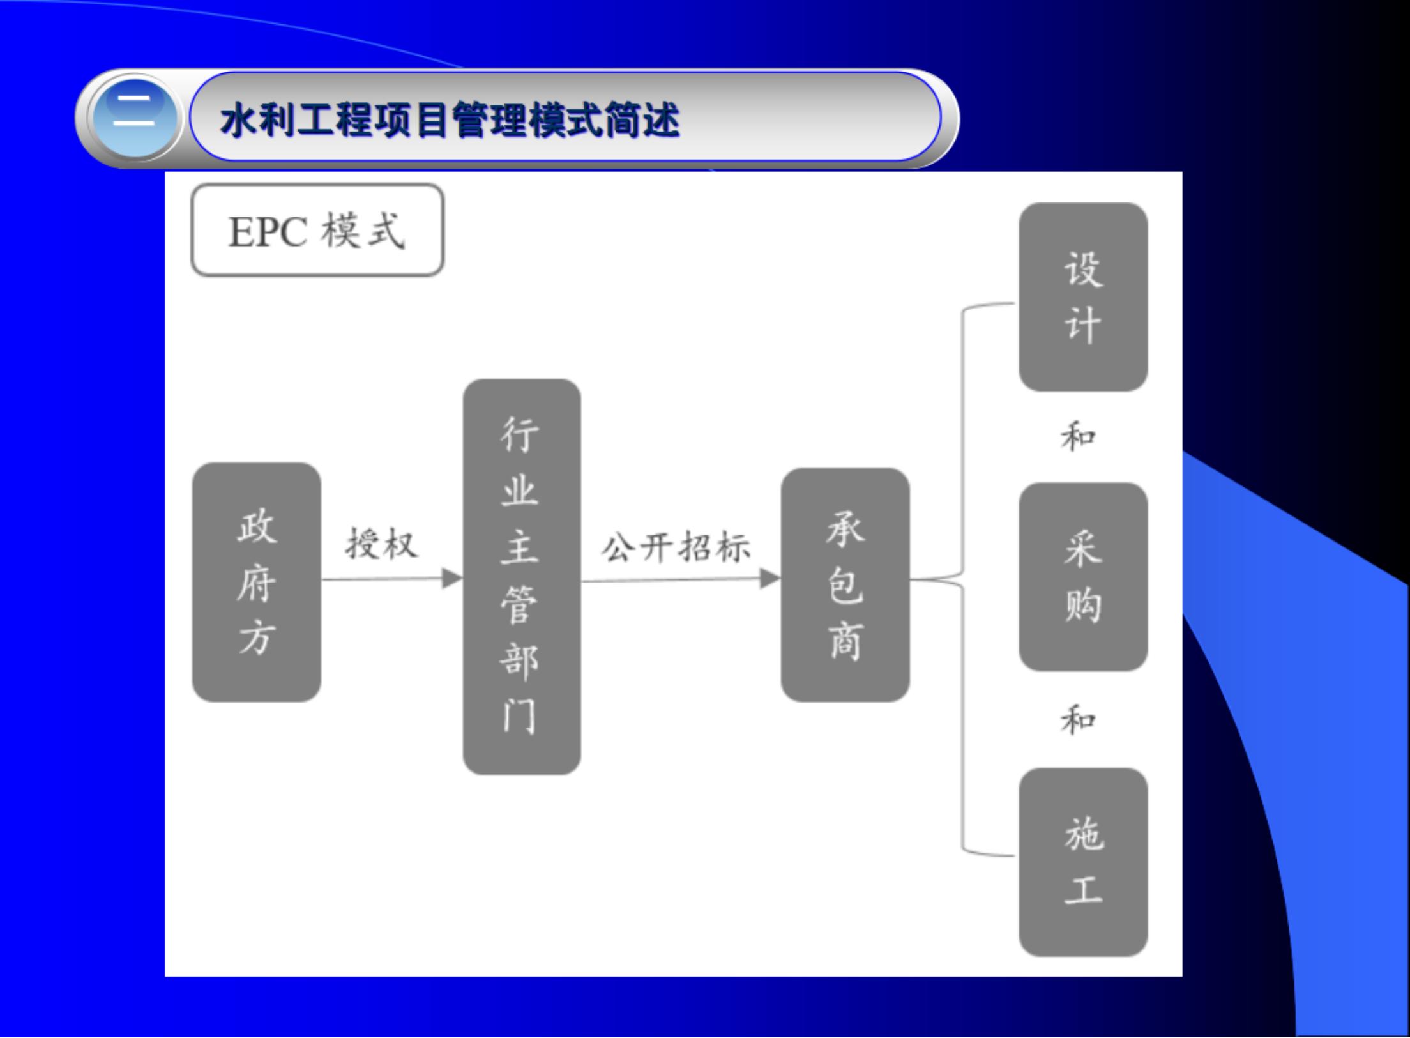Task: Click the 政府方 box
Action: point(257,582)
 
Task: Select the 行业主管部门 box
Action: point(522,576)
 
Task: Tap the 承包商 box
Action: point(845,584)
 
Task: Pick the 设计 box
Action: point(1083,297)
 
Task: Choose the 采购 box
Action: point(1083,576)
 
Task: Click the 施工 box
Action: point(1083,862)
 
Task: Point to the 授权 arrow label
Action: point(381,545)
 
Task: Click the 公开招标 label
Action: point(676,547)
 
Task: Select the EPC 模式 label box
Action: point(317,230)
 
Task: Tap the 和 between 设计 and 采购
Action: point(1079,438)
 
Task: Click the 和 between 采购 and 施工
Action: point(1079,720)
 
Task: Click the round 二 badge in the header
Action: point(134,119)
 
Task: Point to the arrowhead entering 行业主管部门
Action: point(453,579)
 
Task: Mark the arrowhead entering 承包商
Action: point(770,579)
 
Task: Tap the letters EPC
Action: point(268,231)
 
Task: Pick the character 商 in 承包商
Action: point(845,640)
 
